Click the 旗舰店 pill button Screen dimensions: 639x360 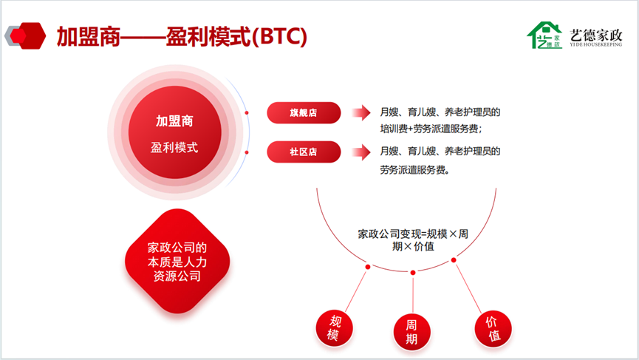(x=304, y=113)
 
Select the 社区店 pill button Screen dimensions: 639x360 (x=304, y=152)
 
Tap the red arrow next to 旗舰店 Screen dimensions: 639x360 (x=361, y=112)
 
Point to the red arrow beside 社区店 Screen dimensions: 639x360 (x=361, y=152)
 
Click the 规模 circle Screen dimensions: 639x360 (x=334, y=328)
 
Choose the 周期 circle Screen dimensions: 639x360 (x=411, y=332)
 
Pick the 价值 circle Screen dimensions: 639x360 (x=493, y=329)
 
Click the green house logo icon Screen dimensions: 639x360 (x=544, y=35)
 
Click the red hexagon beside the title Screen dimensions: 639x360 (x=29, y=36)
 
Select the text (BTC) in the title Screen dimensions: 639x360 (x=279, y=36)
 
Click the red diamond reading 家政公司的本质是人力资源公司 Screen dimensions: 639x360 (x=177, y=262)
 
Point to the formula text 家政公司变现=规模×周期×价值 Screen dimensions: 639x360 (x=413, y=240)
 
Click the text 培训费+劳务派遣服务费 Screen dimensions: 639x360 (x=431, y=129)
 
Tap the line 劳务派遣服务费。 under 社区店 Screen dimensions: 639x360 (x=415, y=169)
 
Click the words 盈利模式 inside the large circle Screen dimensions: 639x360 (x=174, y=147)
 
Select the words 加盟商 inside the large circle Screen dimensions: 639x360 (x=174, y=121)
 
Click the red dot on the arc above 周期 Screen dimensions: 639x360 (x=413, y=272)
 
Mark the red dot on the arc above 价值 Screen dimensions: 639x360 (x=454, y=260)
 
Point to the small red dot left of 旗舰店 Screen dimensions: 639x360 (x=247, y=113)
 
